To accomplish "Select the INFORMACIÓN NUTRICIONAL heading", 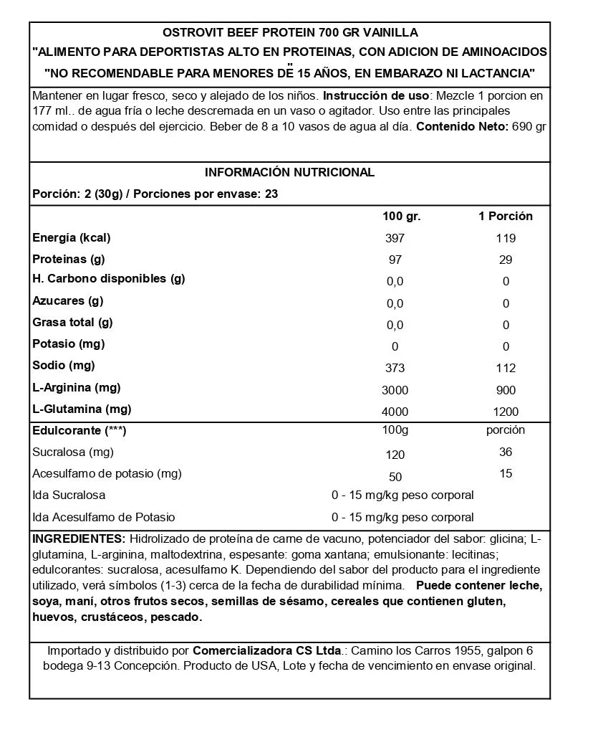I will tap(289, 173).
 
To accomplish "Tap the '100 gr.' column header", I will tap(401, 217).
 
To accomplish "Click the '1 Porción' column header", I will tap(506, 217).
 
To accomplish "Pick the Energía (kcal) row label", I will tap(72, 238).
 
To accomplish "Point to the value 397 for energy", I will tap(395, 239).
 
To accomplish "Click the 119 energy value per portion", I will tap(506, 239).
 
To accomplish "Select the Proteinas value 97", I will tap(395, 260).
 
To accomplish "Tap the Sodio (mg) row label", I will tap(64, 366).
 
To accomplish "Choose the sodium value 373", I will tap(395, 369).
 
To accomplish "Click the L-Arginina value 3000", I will tap(395, 391).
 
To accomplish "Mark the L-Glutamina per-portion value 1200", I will tap(506, 412).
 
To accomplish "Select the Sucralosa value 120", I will tap(395, 455).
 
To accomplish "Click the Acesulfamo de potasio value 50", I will tap(395, 477).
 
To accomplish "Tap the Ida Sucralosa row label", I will tap(69, 495).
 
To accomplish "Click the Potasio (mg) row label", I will tap(69, 344).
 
